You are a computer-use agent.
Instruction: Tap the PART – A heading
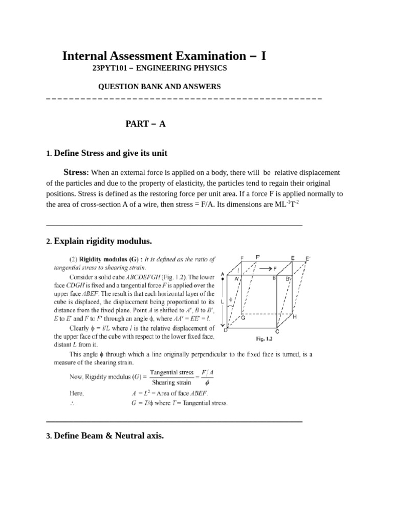point(146,124)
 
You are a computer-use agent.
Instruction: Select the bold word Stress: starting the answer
point(76,172)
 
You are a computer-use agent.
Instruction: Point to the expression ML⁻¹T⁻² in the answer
point(283,204)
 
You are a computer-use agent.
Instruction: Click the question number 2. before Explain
point(49,241)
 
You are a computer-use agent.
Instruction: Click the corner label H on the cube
point(294,317)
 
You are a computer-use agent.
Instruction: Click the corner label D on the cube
point(225,329)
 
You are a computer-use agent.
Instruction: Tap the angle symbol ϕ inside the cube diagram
point(231,299)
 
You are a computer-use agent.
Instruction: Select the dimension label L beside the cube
point(222,301)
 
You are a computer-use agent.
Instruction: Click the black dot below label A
point(222,280)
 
